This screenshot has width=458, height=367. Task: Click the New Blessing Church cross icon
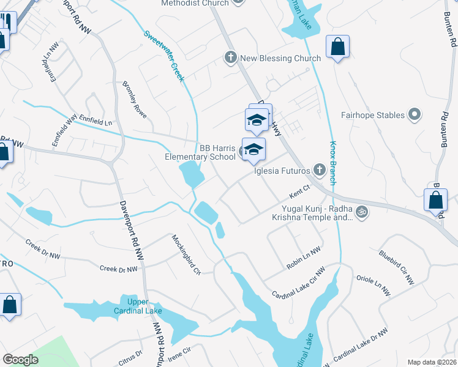tap(230, 58)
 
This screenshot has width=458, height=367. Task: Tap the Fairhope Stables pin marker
tap(415, 115)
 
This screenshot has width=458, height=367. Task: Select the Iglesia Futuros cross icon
tap(318, 169)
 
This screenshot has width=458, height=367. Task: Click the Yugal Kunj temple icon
tap(362, 212)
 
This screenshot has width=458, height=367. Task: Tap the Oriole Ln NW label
tap(372, 285)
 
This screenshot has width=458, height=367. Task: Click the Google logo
tap(20, 360)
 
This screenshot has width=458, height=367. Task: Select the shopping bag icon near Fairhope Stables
tap(337, 47)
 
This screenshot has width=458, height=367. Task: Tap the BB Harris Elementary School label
tap(200, 152)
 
